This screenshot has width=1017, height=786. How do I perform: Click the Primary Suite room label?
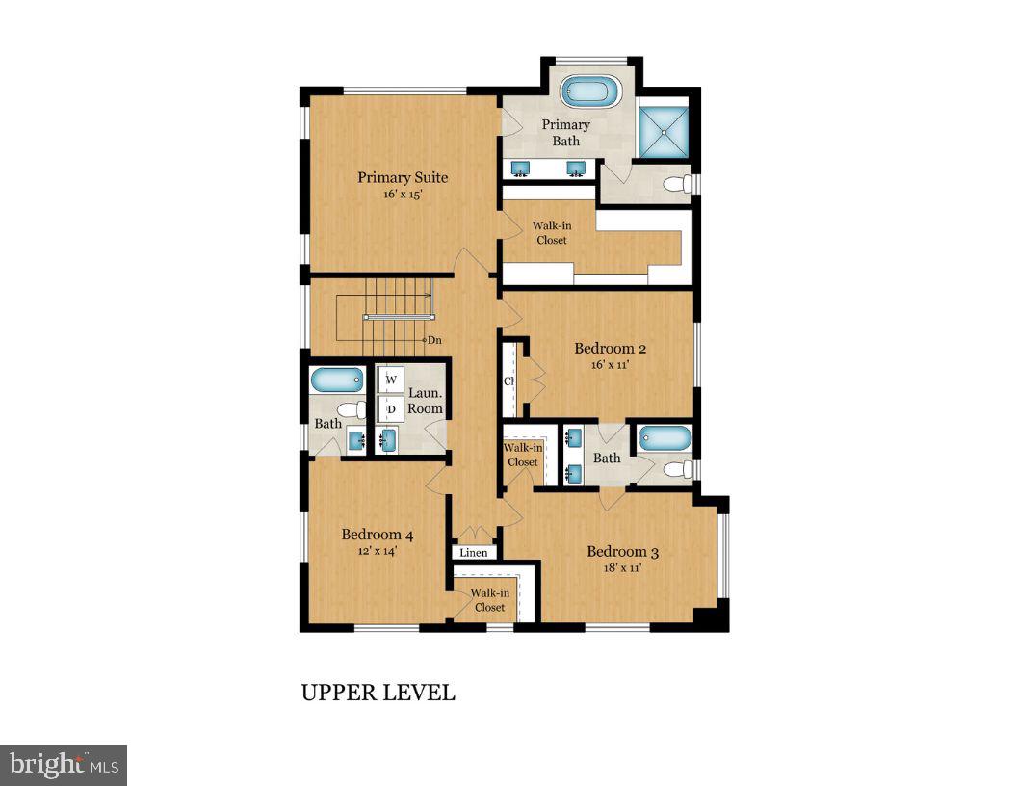click(x=403, y=177)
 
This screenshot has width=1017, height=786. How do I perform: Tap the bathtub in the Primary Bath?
click(x=591, y=92)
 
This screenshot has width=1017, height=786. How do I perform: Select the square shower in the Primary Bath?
click(x=665, y=129)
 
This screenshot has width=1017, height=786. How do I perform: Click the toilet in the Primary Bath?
click(x=680, y=183)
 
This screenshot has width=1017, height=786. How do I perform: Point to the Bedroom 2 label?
click(x=604, y=349)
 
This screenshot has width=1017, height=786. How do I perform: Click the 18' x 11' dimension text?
click(x=622, y=568)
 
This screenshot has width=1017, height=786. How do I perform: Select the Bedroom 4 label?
click(x=378, y=535)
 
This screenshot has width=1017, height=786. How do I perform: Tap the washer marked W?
click(x=391, y=380)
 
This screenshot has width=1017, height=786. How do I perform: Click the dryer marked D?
click(x=391, y=409)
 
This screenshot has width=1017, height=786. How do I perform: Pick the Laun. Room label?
click(x=425, y=401)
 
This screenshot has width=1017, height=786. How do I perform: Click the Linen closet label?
click(x=474, y=553)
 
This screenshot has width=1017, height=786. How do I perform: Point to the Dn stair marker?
click(x=434, y=340)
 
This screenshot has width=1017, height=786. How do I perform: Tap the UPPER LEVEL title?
click(x=378, y=693)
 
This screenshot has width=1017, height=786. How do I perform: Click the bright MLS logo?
click(x=64, y=765)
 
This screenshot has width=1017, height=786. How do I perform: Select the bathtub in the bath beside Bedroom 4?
click(x=337, y=380)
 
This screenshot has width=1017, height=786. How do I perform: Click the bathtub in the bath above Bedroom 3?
click(x=665, y=438)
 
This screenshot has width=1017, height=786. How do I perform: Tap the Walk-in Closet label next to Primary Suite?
click(x=551, y=233)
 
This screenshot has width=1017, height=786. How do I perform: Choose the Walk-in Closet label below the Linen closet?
click(x=489, y=600)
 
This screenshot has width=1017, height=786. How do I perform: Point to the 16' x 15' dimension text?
click(x=403, y=195)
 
